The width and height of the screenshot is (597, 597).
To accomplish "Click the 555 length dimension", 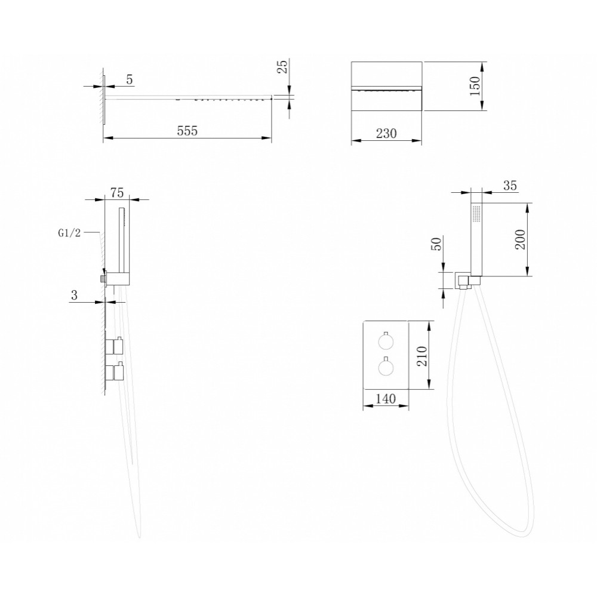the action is coord(187,131).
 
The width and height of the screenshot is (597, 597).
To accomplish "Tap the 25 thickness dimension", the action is coord(283,67).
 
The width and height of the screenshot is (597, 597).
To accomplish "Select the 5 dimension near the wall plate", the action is coord(130,79).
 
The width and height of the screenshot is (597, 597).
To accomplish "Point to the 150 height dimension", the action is coord(475,86).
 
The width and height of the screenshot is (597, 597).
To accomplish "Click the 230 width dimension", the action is coord(386,134).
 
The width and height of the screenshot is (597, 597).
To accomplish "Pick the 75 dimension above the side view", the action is coord(117,193).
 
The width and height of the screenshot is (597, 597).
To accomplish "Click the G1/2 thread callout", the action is coord(69,233).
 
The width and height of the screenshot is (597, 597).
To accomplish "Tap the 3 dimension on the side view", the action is coord(74,295).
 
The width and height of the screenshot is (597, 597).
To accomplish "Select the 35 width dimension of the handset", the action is coord(510,186).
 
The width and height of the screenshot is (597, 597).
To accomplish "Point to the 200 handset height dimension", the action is coord(521,239).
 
